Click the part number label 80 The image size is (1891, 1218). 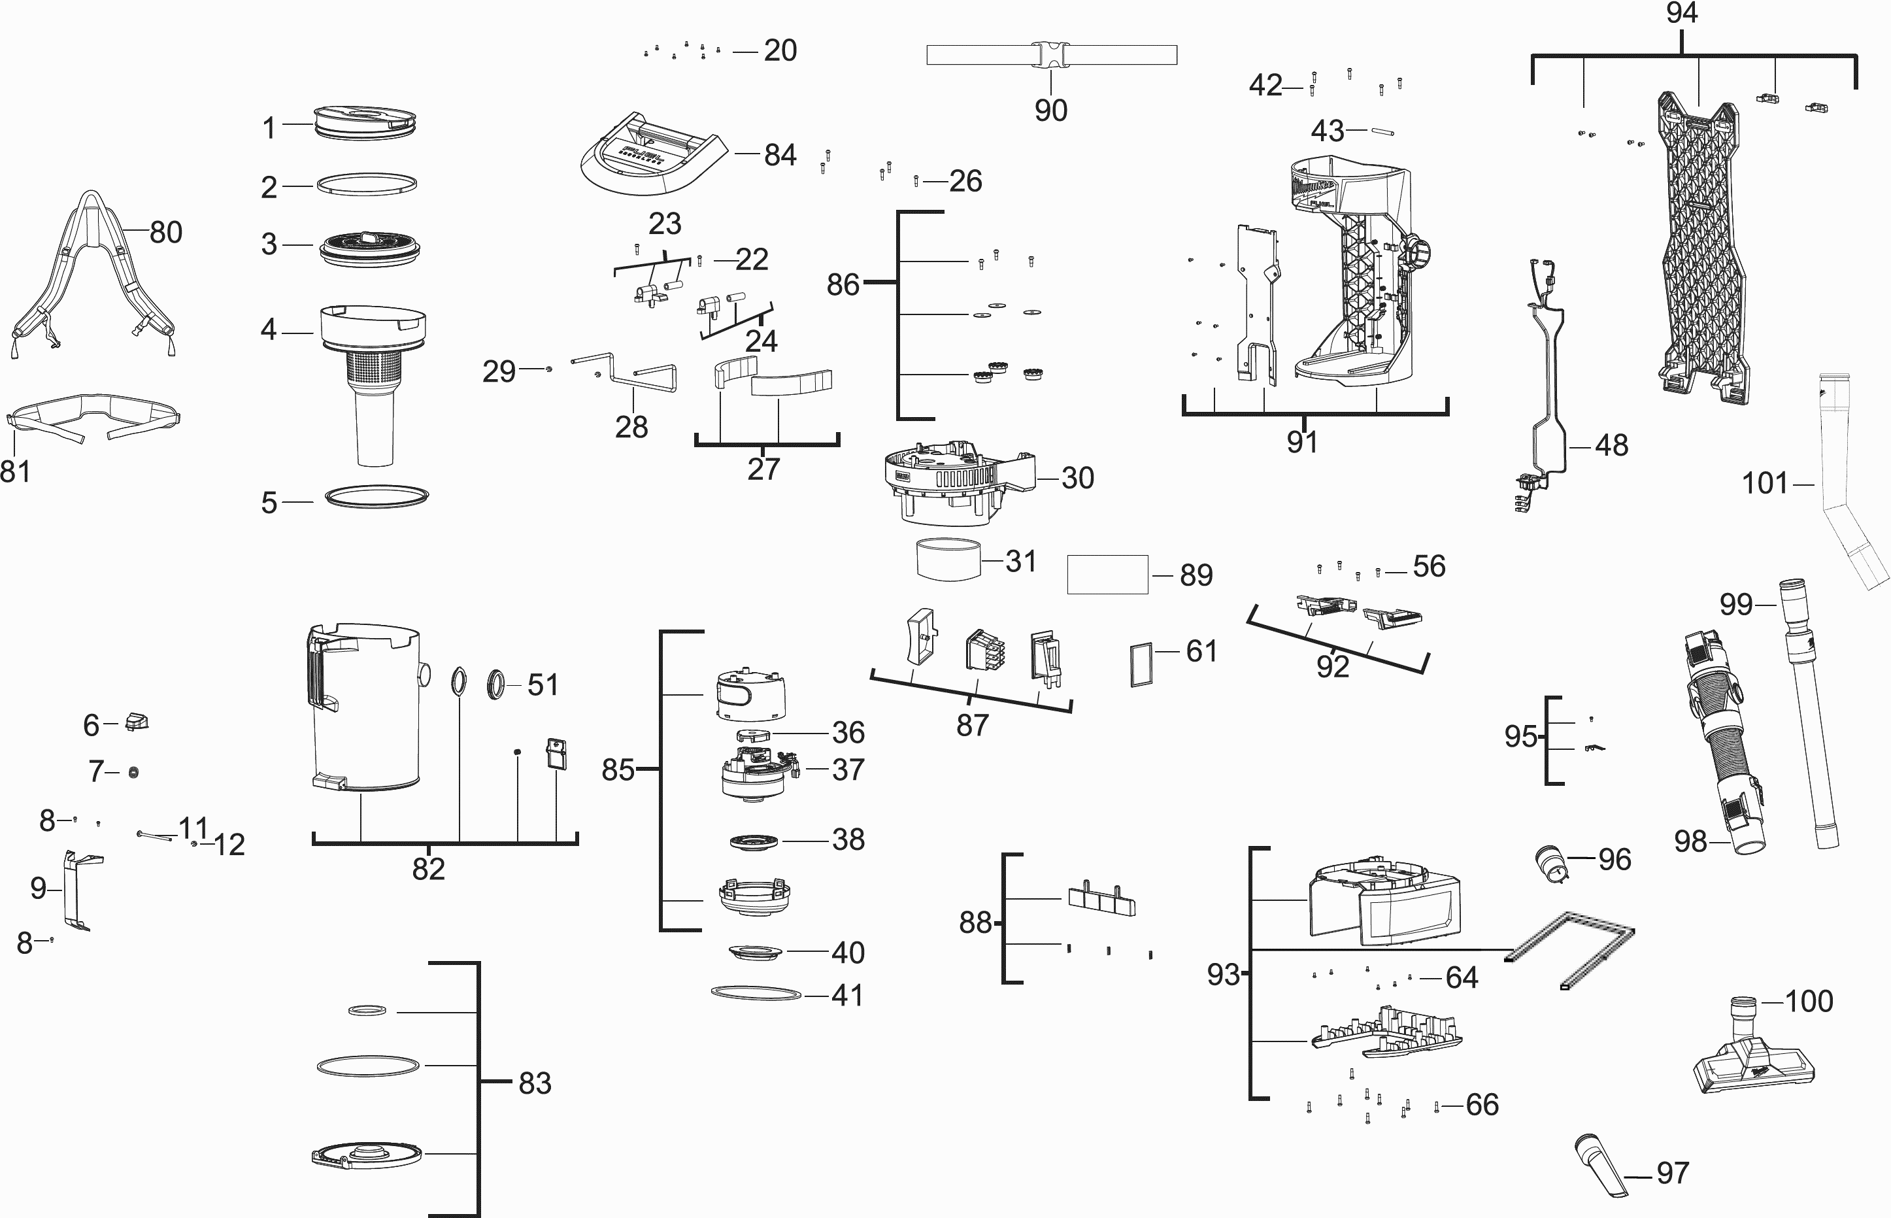[166, 233]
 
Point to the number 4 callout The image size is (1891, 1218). [269, 330]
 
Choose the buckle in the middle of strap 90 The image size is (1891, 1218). [1050, 54]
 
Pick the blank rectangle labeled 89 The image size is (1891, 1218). [1107, 574]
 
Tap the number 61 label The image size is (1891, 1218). [1201, 651]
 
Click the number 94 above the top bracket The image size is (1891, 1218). [1681, 14]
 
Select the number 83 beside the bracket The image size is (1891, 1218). [535, 1083]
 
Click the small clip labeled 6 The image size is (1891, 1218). [137, 721]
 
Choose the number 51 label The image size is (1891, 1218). [543, 685]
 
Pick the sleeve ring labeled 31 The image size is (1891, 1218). [948, 560]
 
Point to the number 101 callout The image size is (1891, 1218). [1764, 483]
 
